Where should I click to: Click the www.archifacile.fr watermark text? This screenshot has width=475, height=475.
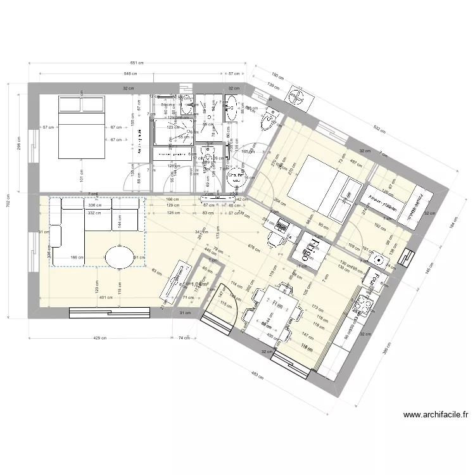tap(435, 415)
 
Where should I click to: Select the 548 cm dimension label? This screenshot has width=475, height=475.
tap(131, 74)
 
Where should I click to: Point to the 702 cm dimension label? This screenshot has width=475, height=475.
tap(8, 205)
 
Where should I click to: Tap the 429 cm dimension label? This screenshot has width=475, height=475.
tap(99, 339)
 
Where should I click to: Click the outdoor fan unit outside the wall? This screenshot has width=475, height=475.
tap(296, 96)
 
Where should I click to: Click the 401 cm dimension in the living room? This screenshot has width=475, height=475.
tap(105, 297)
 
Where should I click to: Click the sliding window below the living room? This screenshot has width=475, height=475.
tap(110, 311)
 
